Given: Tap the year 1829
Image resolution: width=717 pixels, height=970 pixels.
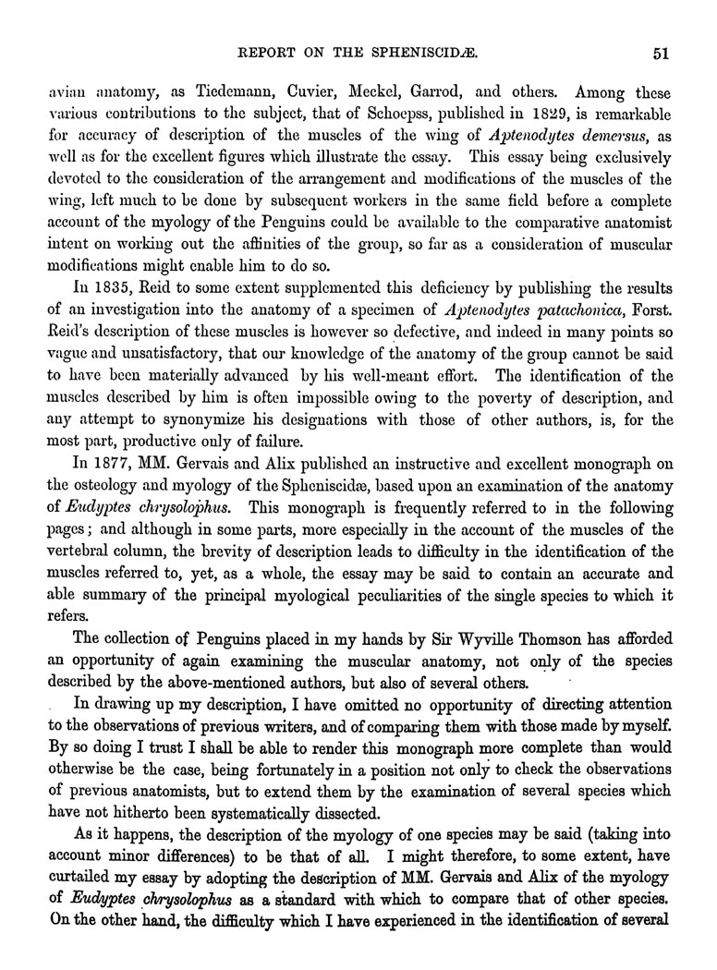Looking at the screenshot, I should point(519,117).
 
